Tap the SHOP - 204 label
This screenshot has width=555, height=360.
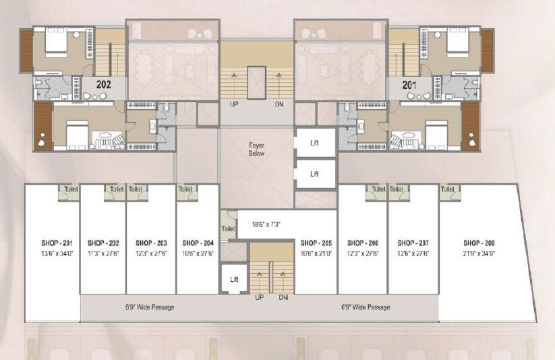pyautogui.click(x=198, y=243)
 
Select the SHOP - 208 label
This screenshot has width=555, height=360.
pyautogui.click(x=479, y=243)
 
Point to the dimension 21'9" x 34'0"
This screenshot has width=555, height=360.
pyautogui.click(x=479, y=253)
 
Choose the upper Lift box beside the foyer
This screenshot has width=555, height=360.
pyautogui.click(x=314, y=143)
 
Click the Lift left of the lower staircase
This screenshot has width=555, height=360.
pyautogui.click(x=233, y=279)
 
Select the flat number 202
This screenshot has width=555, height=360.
pyautogui.click(x=104, y=85)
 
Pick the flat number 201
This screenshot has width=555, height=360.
pyautogui.click(x=409, y=85)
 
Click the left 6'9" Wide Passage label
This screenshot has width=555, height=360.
pyautogui.click(x=150, y=307)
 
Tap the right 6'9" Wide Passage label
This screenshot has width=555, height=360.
pyautogui.click(x=366, y=307)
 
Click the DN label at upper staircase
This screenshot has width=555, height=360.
pyautogui.click(x=279, y=105)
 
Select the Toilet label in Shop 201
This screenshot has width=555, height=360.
pyautogui.click(x=69, y=190)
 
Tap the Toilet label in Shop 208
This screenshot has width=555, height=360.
pyautogui.click(x=448, y=190)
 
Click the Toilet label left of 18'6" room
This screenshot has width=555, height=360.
pyautogui.click(x=227, y=229)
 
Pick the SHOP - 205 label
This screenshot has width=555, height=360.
pyautogui.click(x=316, y=243)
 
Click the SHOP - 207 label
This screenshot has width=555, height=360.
pyautogui.click(x=413, y=243)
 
